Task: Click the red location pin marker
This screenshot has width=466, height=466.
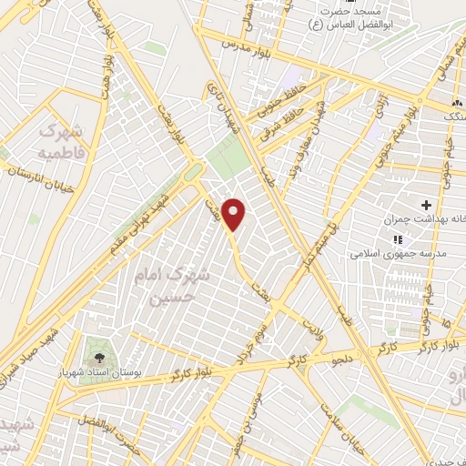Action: pyautogui.click(x=235, y=213)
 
